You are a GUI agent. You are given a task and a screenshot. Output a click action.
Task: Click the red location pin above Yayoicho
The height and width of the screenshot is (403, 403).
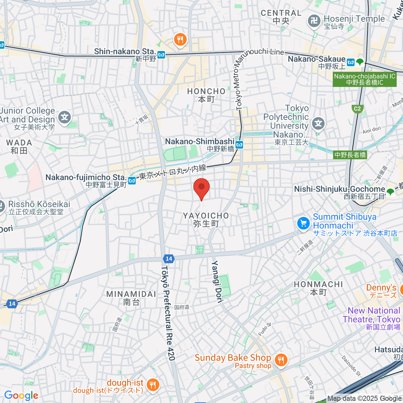pyautogui.click(x=201, y=188)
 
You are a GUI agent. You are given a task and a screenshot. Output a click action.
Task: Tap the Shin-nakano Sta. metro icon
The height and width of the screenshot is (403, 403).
pyautogui.click(x=162, y=54)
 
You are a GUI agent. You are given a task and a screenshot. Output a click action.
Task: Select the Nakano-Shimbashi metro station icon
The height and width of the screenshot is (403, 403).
pyautogui.click(x=239, y=145)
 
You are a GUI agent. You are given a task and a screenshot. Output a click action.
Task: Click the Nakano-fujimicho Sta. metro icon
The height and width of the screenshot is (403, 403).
pyautogui.click(x=132, y=181)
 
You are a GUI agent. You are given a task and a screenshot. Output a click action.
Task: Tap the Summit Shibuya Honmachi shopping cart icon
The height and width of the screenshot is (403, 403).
pyautogui.click(x=304, y=223)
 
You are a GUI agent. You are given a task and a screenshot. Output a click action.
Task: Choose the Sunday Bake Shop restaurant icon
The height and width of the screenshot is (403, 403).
pyautogui.click(x=281, y=360)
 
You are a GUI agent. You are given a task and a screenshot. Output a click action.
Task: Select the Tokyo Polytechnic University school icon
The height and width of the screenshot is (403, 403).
pyautogui.click(x=318, y=124)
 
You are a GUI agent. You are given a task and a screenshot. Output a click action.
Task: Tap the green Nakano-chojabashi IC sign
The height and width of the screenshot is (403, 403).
pyautogui.click(x=365, y=80)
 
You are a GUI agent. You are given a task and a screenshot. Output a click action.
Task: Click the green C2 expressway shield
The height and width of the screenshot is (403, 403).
pyautogui.click(x=357, y=108)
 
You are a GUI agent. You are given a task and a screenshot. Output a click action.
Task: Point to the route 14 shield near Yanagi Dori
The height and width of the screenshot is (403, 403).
pyautogui.click(x=169, y=259)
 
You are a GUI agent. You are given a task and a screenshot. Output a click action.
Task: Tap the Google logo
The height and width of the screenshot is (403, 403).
pyautogui.click(x=21, y=395)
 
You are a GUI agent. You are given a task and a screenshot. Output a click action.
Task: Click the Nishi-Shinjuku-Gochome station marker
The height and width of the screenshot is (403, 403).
pyautogui.click(x=390, y=192)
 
